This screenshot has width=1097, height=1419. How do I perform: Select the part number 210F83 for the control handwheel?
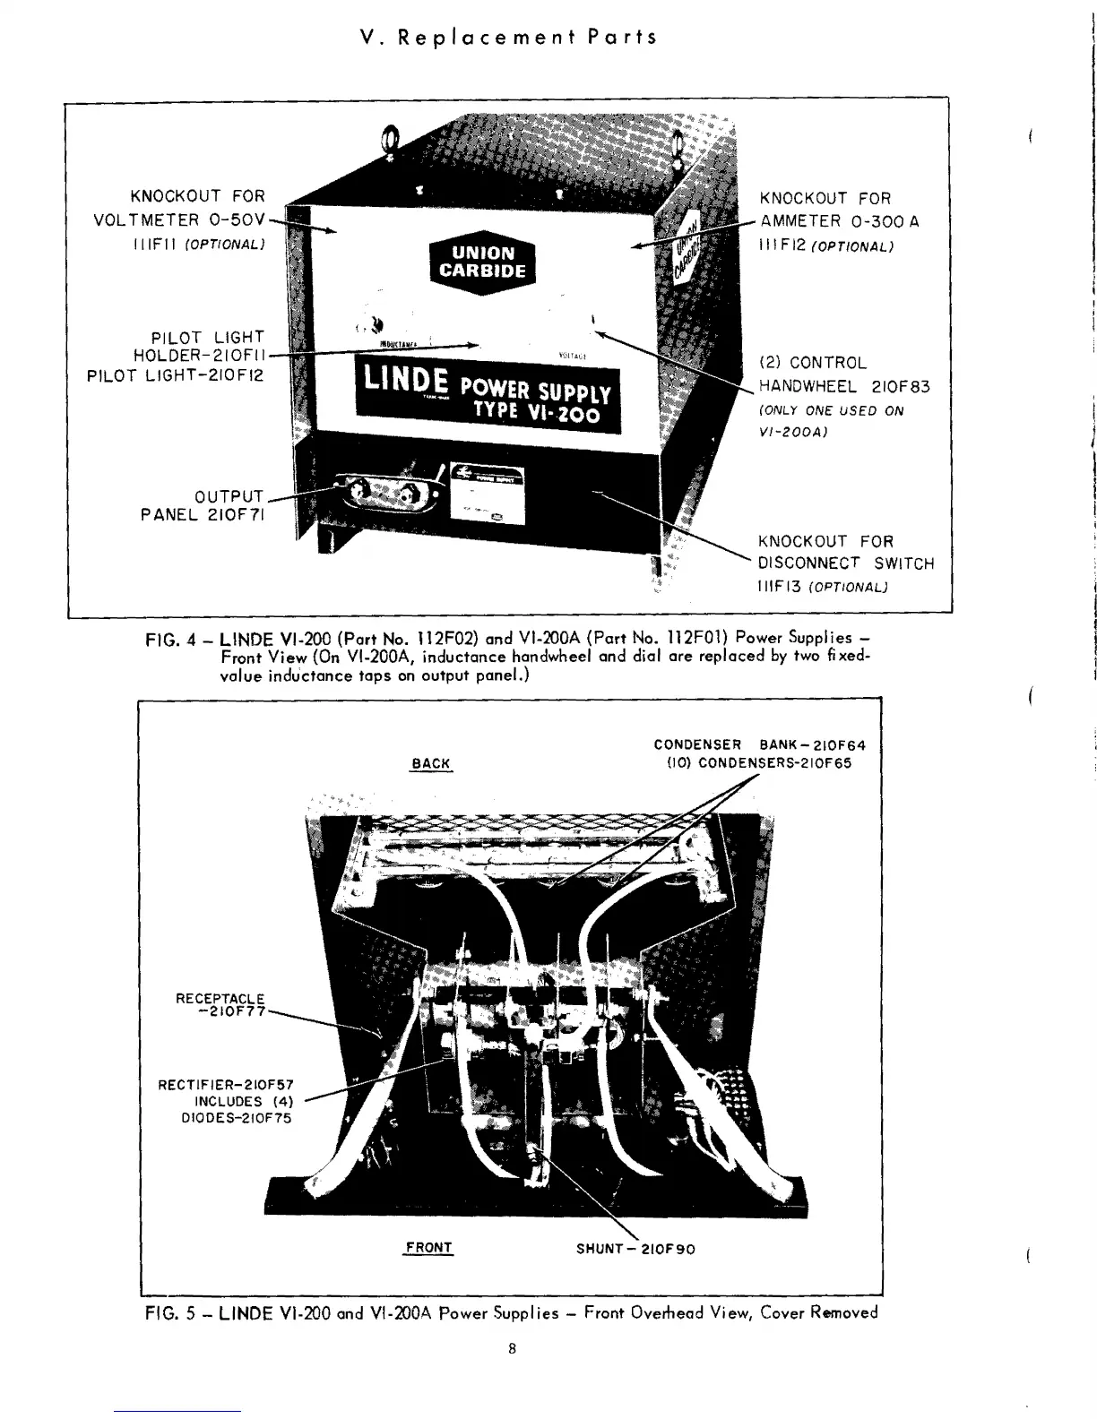[x=901, y=387]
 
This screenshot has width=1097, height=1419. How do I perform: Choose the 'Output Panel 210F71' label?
[x=203, y=506]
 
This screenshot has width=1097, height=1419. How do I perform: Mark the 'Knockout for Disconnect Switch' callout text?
[x=845, y=553]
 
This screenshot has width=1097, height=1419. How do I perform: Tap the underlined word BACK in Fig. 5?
[x=431, y=763]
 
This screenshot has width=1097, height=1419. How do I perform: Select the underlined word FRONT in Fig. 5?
[x=428, y=1248]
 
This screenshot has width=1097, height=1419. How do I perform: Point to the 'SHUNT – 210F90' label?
[x=635, y=1249]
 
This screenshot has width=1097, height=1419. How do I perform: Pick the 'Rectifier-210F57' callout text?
[x=225, y=1085]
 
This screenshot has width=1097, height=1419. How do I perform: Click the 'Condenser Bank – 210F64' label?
[x=759, y=744]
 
